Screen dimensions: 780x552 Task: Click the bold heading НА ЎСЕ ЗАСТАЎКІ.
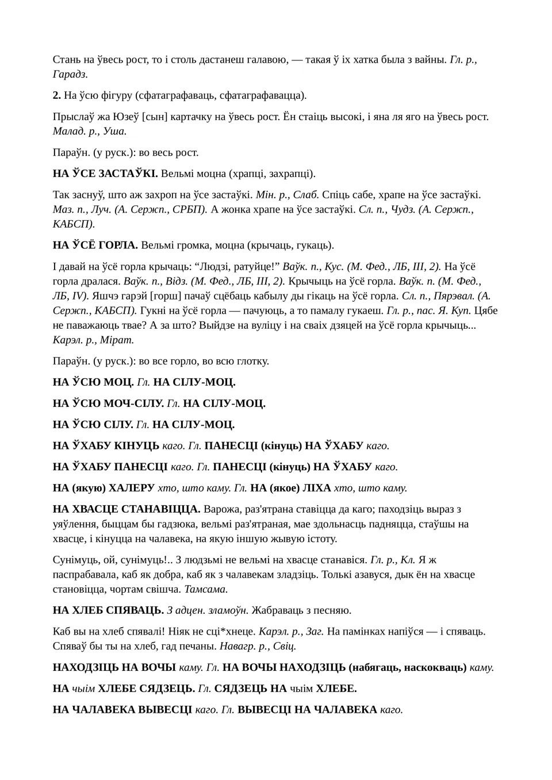(x=105, y=174)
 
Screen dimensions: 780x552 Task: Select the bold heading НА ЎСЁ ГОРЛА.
(x=95, y=245)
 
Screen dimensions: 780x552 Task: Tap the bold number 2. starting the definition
(x=57, y=95)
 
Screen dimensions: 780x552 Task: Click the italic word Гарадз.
(x=70, y=74)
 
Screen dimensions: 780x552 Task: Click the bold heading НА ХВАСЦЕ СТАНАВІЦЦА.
(x=126, y=509)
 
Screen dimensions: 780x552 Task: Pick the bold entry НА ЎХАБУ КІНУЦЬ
(x=106, y=445)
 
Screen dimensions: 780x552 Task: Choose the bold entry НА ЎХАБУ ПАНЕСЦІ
(x=110, y=467)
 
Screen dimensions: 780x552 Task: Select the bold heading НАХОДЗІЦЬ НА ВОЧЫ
(x=114, y=667)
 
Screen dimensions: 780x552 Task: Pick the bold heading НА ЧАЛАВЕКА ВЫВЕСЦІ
(x=122, y=709)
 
